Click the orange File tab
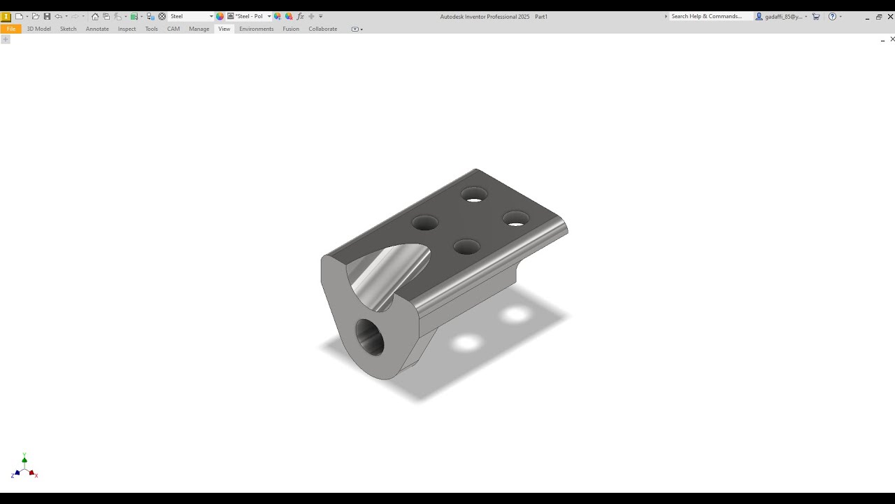tap(10, 29)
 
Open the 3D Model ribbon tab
tap(38, 29)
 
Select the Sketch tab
tap(68, 29)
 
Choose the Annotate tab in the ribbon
tap(97, 29)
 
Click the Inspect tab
tap(127, 29)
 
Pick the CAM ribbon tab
tap(173, 29)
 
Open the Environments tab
tap(256, 29)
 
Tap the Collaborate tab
tap(322, 29)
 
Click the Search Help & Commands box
tap(708, 16)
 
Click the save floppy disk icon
tap(47, 16)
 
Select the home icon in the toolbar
tap(95, 16)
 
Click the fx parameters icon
tap(300, 16)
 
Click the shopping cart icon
tap(816, 16)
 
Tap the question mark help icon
tap(832, 16)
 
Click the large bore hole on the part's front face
tap(371, 337)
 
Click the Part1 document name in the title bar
tap(541, 16)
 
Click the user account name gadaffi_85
tap(783, 16)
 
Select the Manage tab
tap(199, 29)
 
